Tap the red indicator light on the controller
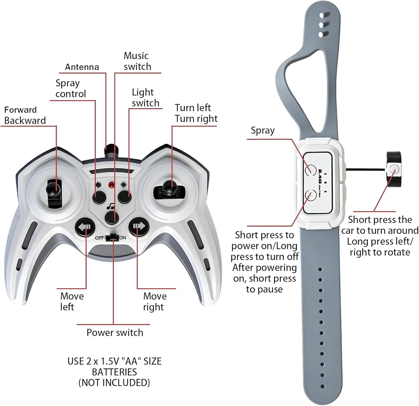[x=111, y=185]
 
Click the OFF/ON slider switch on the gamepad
[x=112, y=237]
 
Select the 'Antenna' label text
[x=82, y=67]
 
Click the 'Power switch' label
[x=115, y=333]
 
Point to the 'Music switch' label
[x=137, y=61]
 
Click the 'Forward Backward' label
[x=25, y=115]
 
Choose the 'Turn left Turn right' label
[x=196, y=113]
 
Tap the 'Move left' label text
[x=72, y=302]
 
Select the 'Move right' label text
[x=155, y=302]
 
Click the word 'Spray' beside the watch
[x=263, y=130]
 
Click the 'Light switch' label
[x=145, y=98]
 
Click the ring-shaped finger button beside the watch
[x=394, y=169]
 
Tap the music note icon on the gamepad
[x=111, y=206]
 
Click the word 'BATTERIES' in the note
[x=114, y=372]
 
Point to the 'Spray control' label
[x=70, y=88]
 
